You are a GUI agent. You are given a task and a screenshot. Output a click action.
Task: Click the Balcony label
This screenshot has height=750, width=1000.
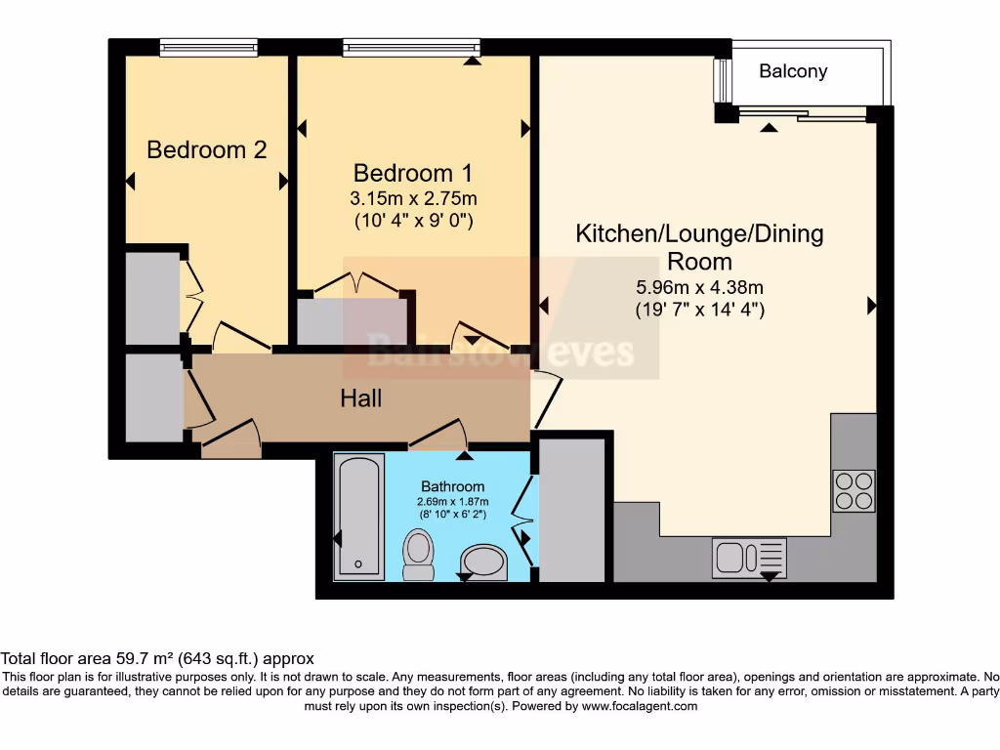[x=793, y=71]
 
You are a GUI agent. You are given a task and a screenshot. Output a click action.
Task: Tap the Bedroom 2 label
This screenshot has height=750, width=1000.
[x=207, y=150]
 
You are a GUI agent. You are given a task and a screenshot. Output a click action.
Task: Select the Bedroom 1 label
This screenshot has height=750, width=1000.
[x=413, y=174]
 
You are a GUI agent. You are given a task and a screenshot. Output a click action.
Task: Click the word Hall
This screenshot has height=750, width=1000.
[x=361, y=398]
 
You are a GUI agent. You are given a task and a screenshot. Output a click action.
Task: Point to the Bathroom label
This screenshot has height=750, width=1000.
[x=452, y=486]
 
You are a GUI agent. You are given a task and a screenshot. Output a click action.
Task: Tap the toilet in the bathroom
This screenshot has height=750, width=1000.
[x=418, y=554]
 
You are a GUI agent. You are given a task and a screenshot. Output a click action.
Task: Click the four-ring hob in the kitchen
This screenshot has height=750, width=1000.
[x=854, y=491]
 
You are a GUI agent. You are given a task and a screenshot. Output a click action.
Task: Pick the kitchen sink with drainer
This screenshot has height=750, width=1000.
[x=749, y=558]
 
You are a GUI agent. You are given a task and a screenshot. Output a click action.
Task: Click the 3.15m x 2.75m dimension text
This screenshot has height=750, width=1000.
[x=413, y=198]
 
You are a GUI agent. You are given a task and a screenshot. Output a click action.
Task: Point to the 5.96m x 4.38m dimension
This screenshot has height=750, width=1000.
[x=699, y=287]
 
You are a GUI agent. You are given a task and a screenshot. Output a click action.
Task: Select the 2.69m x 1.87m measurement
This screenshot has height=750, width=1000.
[x=452, y=502]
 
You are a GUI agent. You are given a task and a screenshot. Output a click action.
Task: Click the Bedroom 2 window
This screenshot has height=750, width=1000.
[x=209, y=47]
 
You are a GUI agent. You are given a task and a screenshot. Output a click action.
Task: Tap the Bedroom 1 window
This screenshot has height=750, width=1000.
[x=411, y=47]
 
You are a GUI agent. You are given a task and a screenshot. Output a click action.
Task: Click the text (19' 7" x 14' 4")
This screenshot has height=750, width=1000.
[x=699, y=310]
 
